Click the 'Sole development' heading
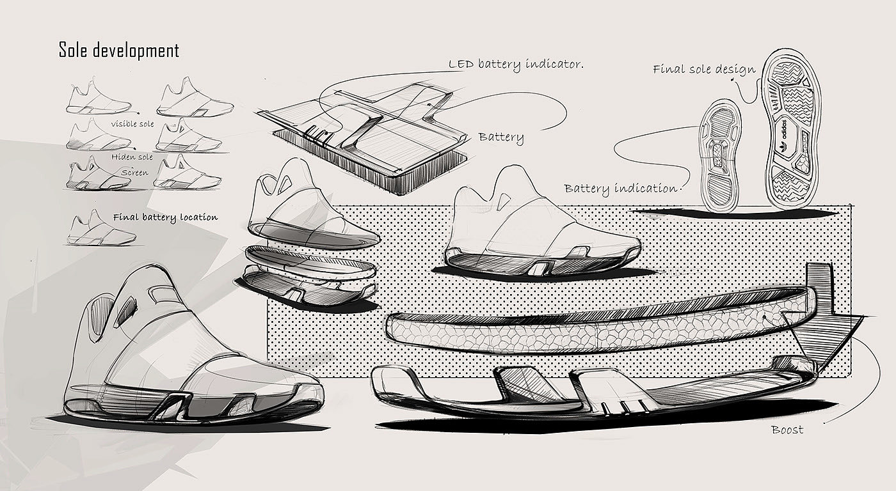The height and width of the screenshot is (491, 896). click(118, 51)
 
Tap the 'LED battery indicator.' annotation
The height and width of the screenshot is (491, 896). click(516, 64)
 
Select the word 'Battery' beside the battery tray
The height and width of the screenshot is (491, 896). click(501, 137)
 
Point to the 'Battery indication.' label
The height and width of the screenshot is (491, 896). click(621, 188)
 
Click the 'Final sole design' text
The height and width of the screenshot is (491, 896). click(704, 69)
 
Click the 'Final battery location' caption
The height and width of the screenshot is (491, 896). click(165, 217)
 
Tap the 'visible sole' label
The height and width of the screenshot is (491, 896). click(132, 124)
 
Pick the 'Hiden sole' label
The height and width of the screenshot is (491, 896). click(132, 157)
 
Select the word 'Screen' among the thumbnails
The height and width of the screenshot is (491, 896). click(135, 173)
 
